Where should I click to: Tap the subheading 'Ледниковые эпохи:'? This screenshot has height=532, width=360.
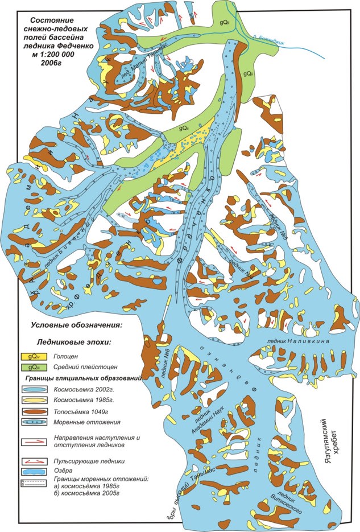pos(74,343)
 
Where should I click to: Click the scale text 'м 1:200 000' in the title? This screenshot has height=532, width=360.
pos(50,54)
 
